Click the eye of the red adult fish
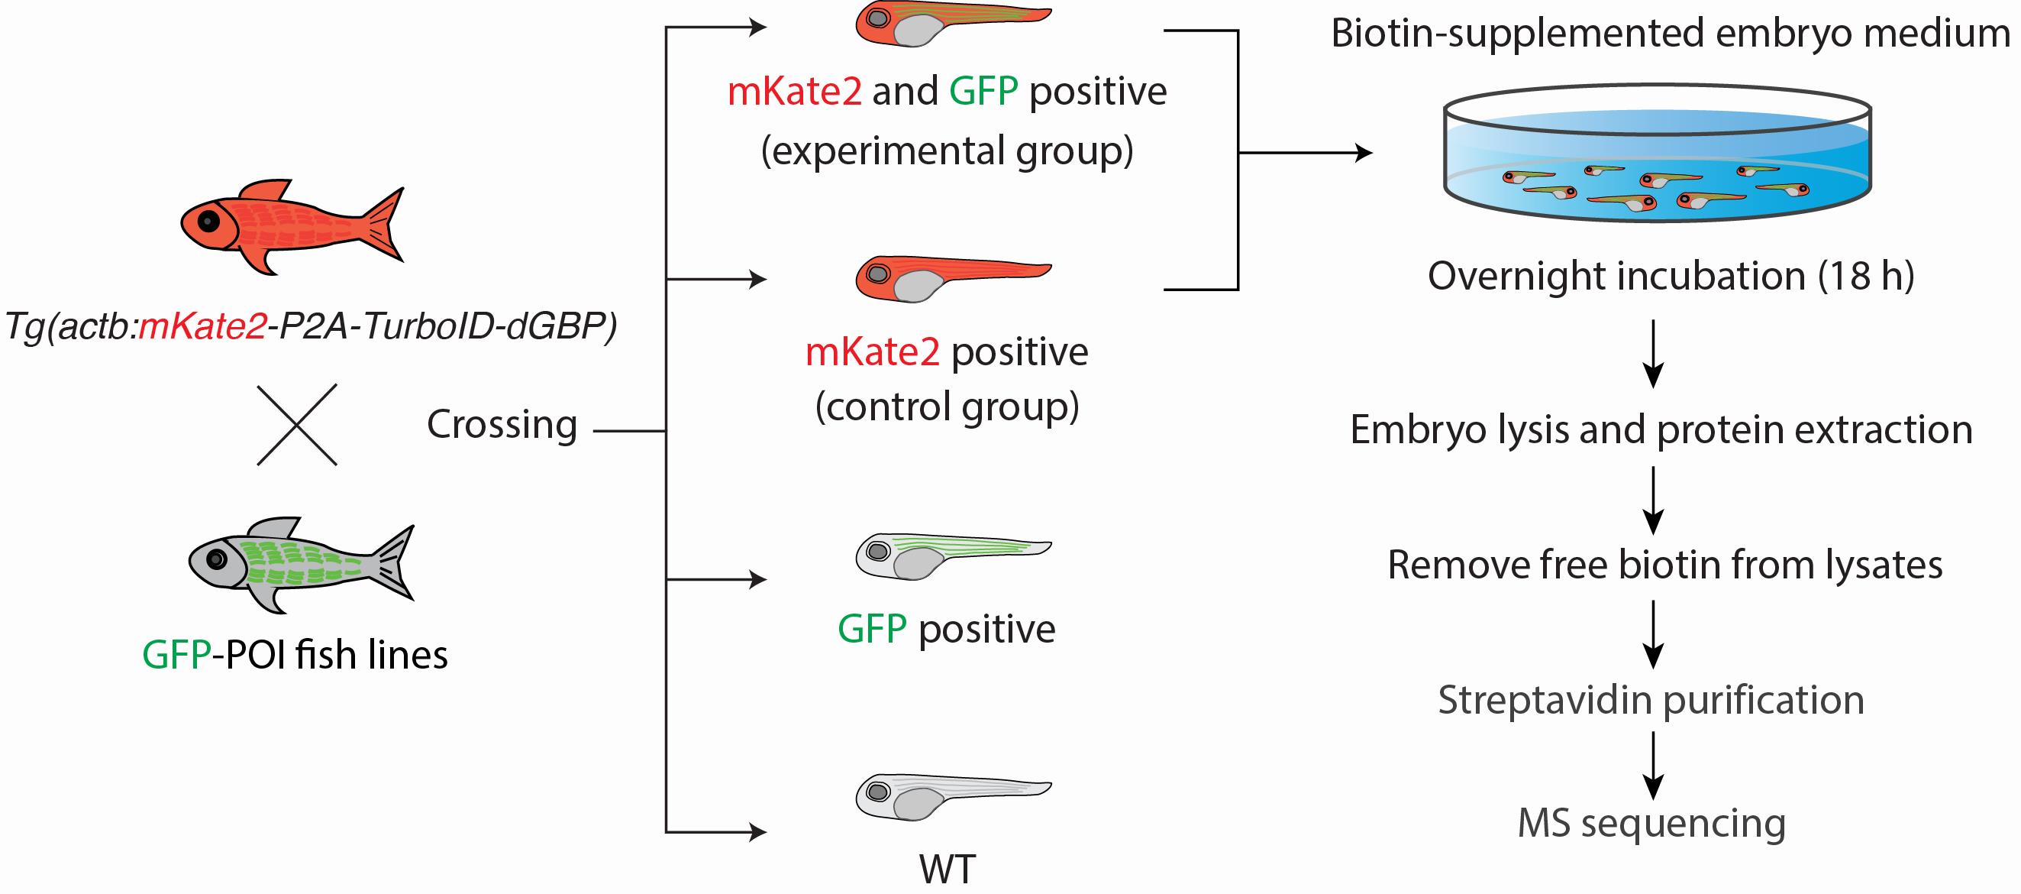[208, 222]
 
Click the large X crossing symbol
[297, 425]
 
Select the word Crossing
[502, 425]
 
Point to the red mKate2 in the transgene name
[202, 326]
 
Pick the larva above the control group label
[953, 279]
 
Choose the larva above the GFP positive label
[953, 556]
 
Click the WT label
[947, 870]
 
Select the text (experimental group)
[947, 151]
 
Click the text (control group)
[947, 407]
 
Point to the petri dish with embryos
[1658, 154]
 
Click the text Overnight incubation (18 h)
[1671, 277]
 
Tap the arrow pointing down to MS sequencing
[1653, 765]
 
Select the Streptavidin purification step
[1651, 700]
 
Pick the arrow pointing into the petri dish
[1306, 153]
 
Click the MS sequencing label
[1651, 824]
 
